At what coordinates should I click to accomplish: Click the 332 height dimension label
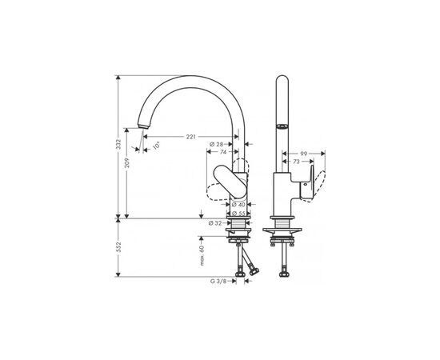(x=118, y=144)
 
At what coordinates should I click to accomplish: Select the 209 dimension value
(x=127, y=162)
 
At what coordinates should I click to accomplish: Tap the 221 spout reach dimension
(x=191, y=137)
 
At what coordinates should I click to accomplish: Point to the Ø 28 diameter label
(x=216, y=144)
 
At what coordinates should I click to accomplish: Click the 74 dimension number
(x=223, y=152)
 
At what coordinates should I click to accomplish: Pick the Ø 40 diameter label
(x=238, y=205)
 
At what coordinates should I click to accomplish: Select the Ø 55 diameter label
(x=238, y=214)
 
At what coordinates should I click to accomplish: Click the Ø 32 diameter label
(x=215, y=223)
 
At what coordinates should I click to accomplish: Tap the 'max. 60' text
(x=202, y=255)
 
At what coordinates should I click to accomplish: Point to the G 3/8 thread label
(x=218, y=282)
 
